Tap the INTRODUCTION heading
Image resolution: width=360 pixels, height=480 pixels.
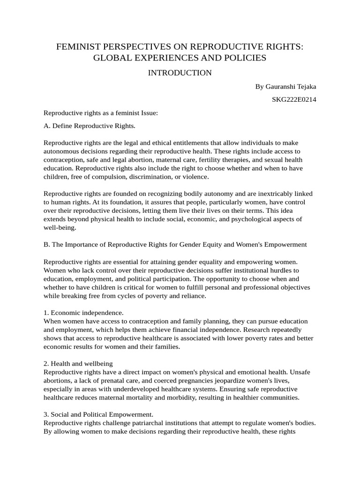180,73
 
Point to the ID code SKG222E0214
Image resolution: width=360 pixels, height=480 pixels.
294,99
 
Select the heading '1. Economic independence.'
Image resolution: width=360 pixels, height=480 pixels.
83,312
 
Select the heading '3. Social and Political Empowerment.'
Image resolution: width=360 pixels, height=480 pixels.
98,414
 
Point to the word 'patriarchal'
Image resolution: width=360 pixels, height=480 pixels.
157,423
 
